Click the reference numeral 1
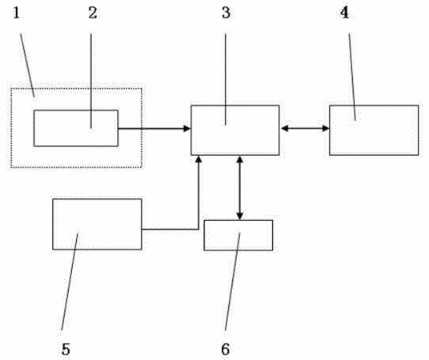click(x=17, y=13)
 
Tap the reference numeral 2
click(x=93, y=13)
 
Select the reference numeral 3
click(x=226, y=13)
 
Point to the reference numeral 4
click(x=344, y=13)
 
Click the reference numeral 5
click(x=66, y=350)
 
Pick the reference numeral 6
click(x=225, y=350)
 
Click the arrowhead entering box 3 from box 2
click(x=186, y=128)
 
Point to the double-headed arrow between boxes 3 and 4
click(x=304, y=128)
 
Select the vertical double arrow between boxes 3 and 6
click(x=239, y=188)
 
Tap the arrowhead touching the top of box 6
click(x=239, y=216)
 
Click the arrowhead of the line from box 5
click(x=199, y=159)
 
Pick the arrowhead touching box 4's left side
click(x=326, y=128)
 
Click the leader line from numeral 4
click(x=352, y=77)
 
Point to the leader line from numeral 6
click(x=232, y=282)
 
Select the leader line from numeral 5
click(x=70, y=282)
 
